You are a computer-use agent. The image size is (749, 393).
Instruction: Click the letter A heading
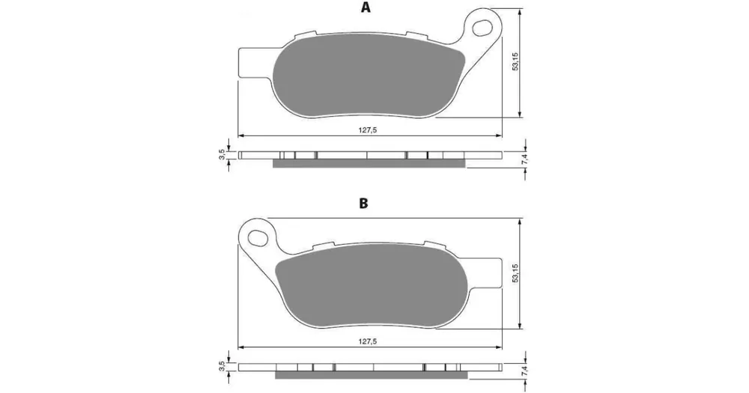click(366, 7)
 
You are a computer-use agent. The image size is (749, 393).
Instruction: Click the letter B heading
click(363, 204)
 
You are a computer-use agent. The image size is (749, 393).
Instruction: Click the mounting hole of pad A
click(482, 27)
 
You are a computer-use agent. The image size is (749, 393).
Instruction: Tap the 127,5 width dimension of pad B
click(368, 341)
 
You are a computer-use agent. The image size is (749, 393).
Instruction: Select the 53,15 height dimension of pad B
click(515, 273)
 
